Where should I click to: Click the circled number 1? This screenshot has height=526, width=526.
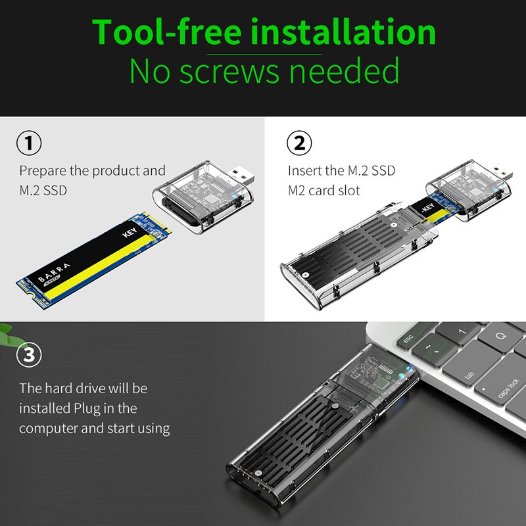point(29,143)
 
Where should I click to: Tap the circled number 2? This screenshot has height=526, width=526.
point(299,143)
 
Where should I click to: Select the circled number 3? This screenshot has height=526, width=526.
point(29,354)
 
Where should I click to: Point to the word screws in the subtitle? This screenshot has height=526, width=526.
point(229,72)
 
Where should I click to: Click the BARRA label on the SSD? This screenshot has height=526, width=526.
point(54,272)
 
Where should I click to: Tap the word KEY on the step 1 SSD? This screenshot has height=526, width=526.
point(130,232)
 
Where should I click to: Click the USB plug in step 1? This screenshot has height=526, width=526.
point(240,176)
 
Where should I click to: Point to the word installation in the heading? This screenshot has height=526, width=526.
point(343,32)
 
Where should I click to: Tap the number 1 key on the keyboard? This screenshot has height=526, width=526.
point(462,332)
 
